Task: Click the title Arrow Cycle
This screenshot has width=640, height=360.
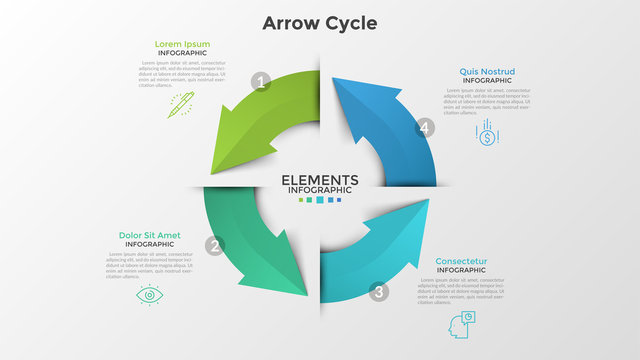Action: pos(320,22)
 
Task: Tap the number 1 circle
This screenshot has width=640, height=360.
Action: pos(262,82)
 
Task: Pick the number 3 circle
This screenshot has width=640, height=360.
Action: pos(378,292)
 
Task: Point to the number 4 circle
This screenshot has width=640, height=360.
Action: pos(426,128)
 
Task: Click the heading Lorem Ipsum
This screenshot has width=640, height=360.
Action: pos(182,44)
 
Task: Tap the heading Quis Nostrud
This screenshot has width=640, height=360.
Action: pos(486,72)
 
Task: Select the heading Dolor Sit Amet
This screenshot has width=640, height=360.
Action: pos(150,235)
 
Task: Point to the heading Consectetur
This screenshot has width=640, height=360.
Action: pos(461,261)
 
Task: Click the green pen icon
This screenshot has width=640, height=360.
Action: pos(181,104)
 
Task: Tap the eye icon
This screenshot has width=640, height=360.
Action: pos(149,295)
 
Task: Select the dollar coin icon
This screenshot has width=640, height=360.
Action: pos(487,134)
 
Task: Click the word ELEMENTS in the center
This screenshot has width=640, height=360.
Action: pos(320,180)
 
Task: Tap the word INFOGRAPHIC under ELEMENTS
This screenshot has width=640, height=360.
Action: pos(320,190)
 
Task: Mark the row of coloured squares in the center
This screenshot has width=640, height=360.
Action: pos(320,200)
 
